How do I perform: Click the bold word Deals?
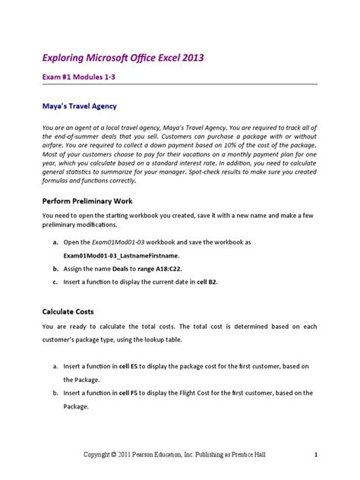pos(122,269)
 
